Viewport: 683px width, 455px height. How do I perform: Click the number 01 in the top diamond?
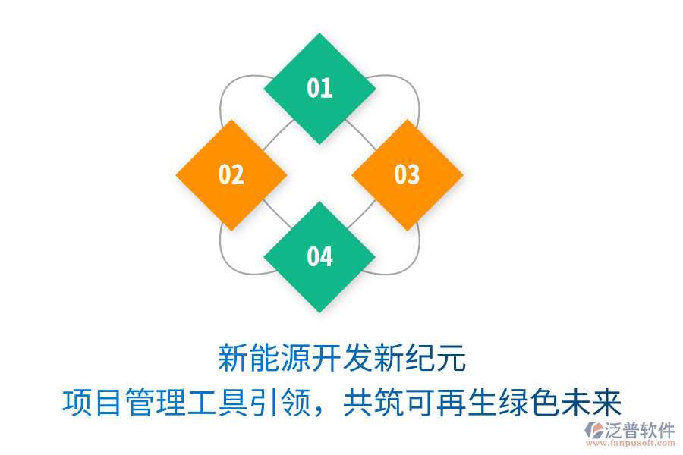(319, 88)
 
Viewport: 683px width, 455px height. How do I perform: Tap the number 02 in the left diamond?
(231, 174)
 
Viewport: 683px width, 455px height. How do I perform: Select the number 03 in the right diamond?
(408, 174)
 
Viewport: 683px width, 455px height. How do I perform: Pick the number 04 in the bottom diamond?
(319, 256)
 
